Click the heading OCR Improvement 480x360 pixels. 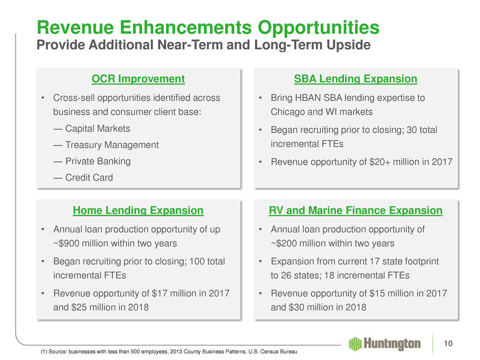click(x=138, y=79)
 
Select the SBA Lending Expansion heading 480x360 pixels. click(x=355, y=79)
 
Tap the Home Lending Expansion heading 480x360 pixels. click(x=138, y=210)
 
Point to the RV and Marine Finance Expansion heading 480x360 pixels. click(x=355, y=210)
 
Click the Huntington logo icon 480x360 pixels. click(x=355, y=344)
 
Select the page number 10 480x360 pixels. click(x=448, y=344)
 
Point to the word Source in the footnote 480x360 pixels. click(x=57, y=351)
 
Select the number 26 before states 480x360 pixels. click(x=286, y=275)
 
